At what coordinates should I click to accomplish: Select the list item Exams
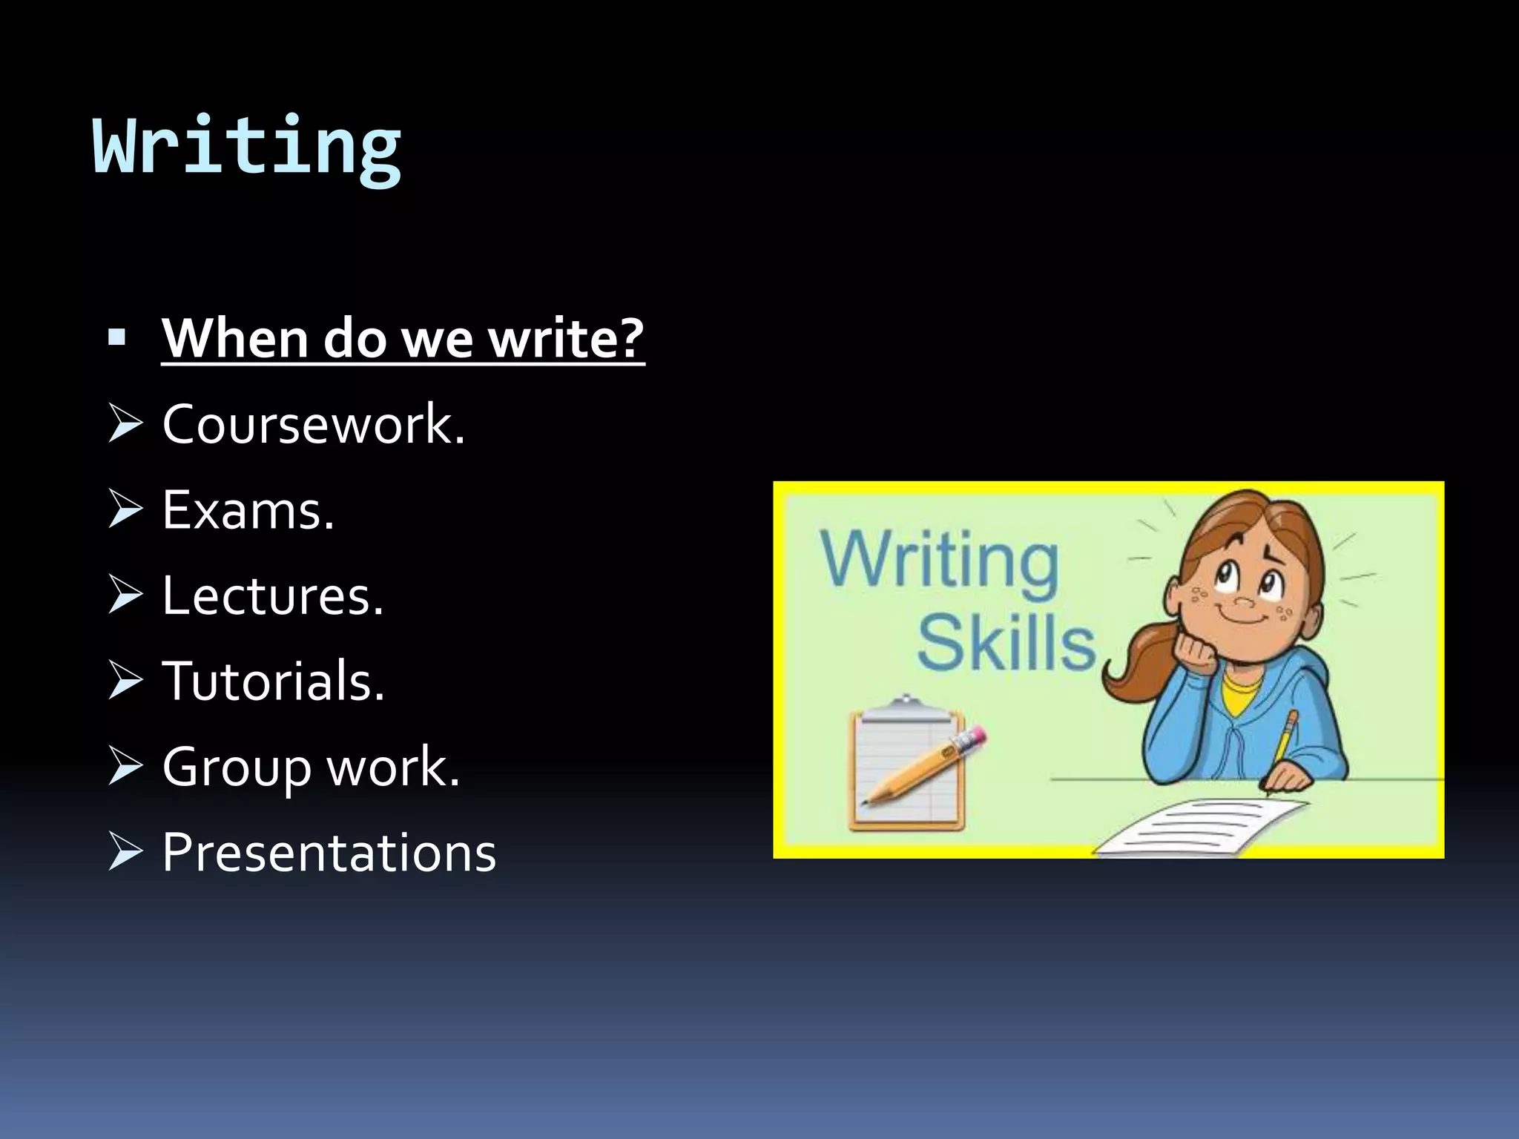[x=247, y=510]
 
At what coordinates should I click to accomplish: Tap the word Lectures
[x=271, y=595]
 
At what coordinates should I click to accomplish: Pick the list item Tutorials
[x=273, y=681]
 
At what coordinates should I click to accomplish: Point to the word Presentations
[x=329, y=852]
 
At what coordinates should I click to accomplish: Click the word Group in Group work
[x=236, y=767]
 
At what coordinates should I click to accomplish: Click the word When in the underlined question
[x=235, y=338]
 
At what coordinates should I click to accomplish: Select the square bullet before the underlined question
[x=116, y=338]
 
